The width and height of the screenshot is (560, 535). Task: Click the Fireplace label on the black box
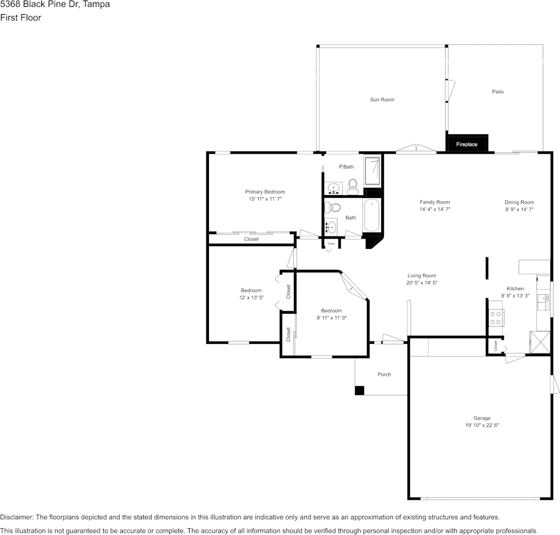(x=467, y=144)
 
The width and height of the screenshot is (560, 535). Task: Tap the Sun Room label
(x=382, y=100)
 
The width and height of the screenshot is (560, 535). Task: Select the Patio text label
(x=497, y=92)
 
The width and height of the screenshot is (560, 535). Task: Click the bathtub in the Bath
(x=371, y=215)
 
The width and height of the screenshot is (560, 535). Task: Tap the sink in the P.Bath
(x=334, y=188)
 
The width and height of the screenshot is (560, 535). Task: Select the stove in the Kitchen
(x=496, y=318)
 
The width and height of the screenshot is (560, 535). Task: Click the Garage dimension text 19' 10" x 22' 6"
(x=482, y=425)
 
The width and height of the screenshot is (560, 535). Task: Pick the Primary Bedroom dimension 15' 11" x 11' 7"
(x=264, y=199)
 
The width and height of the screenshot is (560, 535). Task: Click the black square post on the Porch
(x=359, y=390)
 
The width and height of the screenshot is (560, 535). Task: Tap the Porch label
(x=384, y=374)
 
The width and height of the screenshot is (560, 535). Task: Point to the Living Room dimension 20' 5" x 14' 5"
(x=421, y=283)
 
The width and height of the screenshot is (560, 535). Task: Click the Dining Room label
(x=519, y=202)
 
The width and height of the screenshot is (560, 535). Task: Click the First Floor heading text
(x=20, y=18)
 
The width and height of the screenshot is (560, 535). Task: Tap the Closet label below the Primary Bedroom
(x=251, y=239)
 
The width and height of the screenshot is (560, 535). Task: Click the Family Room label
(x=434, y=202)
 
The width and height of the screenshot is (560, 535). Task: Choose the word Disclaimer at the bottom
(x=16, y=517)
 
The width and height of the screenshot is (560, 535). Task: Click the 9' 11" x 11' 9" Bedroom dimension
(x=331, y=318)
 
